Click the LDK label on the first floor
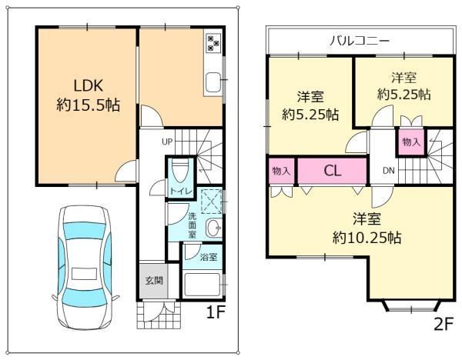click(x=88, y=86)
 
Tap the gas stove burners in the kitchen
click(x=213, y=43)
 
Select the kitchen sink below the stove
click(x=213, y=82)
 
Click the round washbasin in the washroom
click(x=214, y=228)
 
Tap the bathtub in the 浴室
click(x=202, y=285)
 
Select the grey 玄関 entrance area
click(x=153, y=281)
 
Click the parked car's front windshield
click(x=84, y=229)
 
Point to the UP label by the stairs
click(x=167, y=142)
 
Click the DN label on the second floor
click(x=389, y=171)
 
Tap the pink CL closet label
click(x=333, y=171)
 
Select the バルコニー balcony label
click(x=360, y=40)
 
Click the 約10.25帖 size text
click(x=367, y=237)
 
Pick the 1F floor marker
click(x=216, y=312)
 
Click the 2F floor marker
click(x=443, y=324)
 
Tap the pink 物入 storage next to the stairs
click(x=411, y=142)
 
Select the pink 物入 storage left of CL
click(x=281, y=171)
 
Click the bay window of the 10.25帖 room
click(x=412, y=306)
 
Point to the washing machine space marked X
click(x=211, y=202)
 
